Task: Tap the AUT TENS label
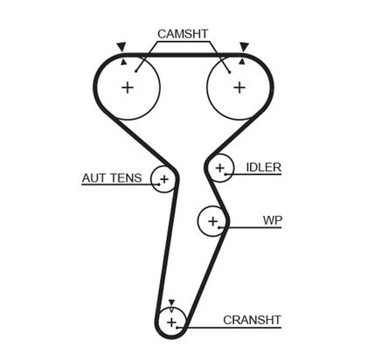pyautogui.click(x=112, y=178)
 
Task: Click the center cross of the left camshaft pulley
pyautogui.click(x=128, y=87)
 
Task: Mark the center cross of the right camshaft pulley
pyautogui.click(x=239, y=87)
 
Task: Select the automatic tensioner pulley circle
pyautogui.click(x=163, y=179)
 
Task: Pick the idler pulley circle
pyautogui.click(x=220, y=167)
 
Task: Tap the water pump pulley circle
pyautogui.click(x=211, y=221)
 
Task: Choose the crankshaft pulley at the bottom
pyautogui.click(x=172, y=322)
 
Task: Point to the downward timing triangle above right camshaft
pyautogui.click(x=244, y=45)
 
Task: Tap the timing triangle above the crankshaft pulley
pyautogui.click(x=172, y=301)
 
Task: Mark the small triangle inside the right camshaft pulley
pyautogui.click(x=240, y=62)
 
